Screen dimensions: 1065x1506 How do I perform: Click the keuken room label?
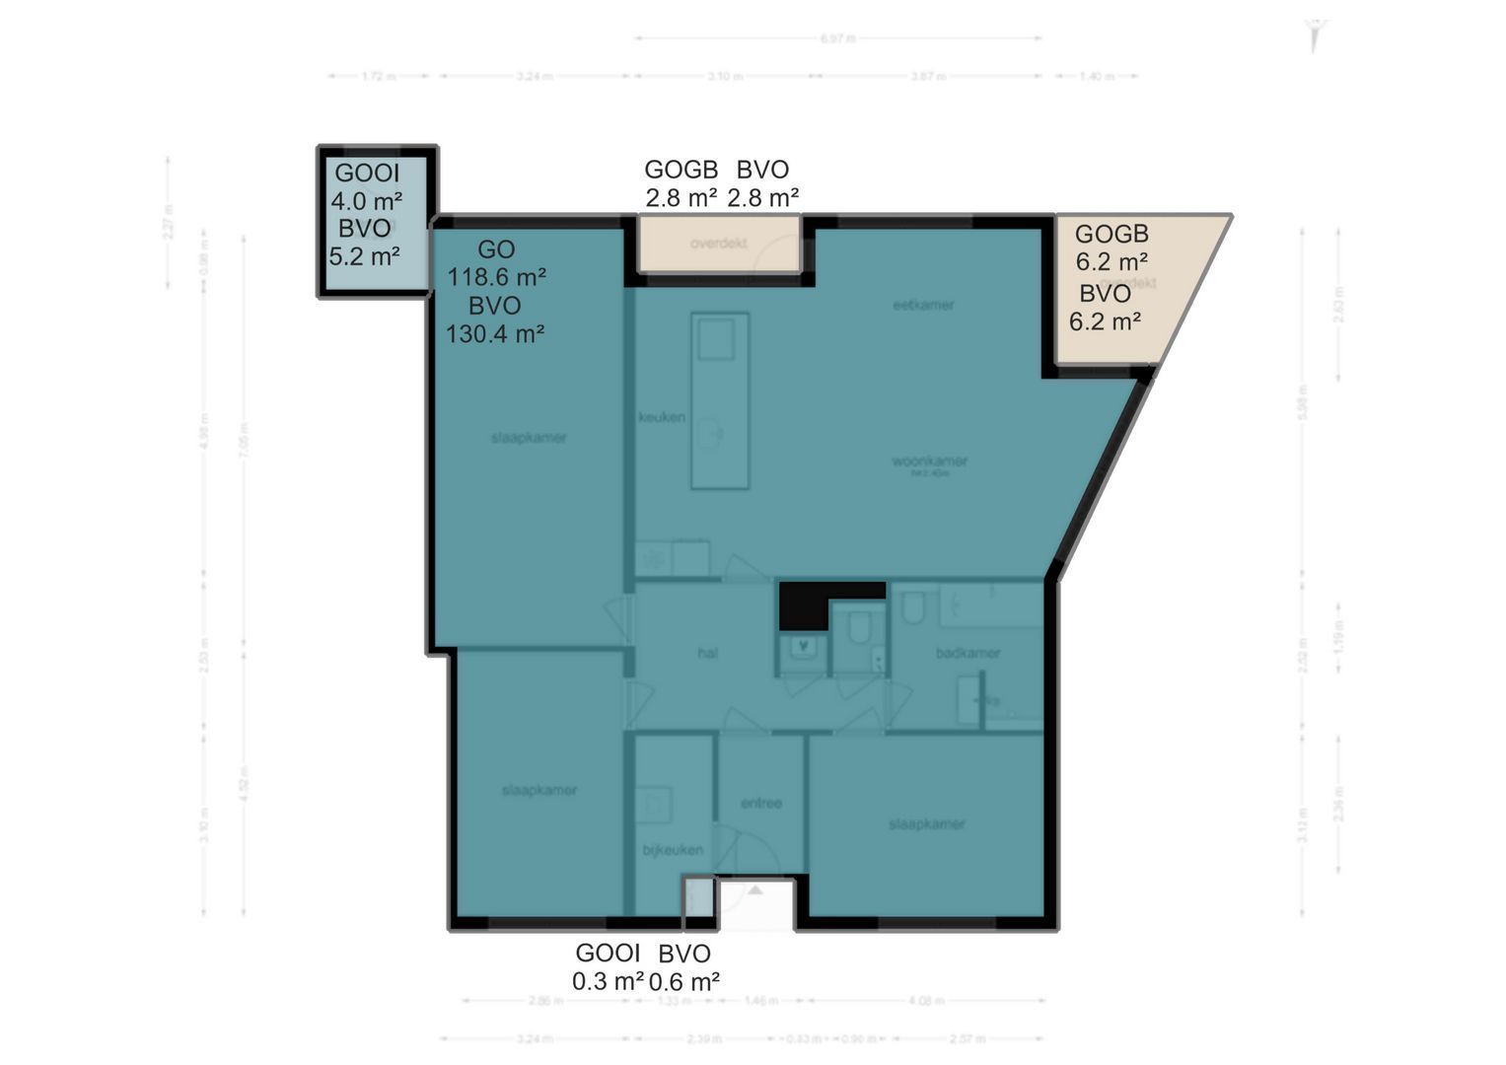661,417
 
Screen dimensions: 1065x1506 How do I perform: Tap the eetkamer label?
923,305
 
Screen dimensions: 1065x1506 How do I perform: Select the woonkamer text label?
929,461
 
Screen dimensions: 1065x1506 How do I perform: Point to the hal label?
707,653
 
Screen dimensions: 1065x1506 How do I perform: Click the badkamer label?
968,653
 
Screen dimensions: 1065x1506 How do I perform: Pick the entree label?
760,803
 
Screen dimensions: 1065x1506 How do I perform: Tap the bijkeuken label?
673,849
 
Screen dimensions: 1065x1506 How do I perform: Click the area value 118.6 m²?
497,277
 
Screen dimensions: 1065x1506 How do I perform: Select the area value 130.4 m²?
495,334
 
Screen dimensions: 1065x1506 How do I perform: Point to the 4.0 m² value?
366,201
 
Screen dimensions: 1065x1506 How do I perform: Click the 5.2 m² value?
364,256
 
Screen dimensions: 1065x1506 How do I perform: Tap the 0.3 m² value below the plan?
608,981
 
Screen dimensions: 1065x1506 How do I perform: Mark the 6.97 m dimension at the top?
837,38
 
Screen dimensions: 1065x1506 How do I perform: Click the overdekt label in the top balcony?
718,243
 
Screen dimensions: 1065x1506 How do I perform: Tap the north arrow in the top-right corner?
1313,35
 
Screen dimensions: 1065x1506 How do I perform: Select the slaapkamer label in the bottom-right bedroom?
926,823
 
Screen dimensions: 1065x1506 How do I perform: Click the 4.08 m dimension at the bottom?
925,1000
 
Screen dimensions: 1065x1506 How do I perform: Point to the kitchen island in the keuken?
720,401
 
